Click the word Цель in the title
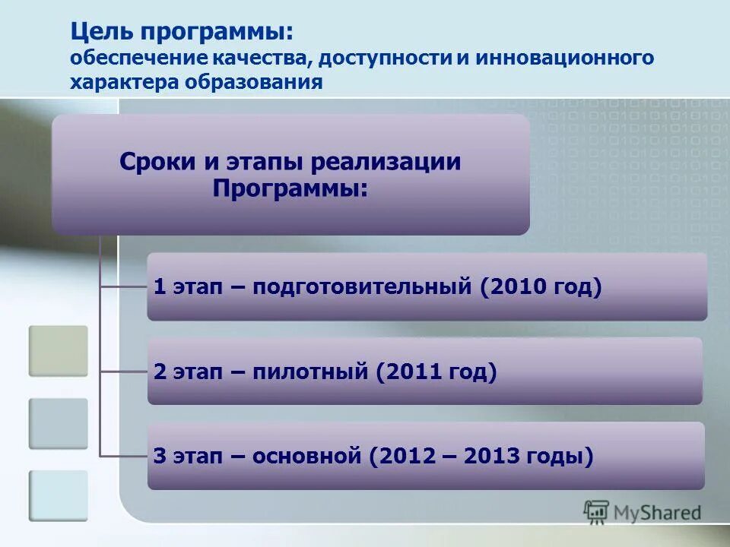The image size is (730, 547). (100, 32)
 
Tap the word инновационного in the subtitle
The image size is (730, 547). (566, 58)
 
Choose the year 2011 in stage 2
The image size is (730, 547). (413, 372)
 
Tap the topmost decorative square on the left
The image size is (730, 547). (59, 350)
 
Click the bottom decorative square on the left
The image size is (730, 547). (59, 495)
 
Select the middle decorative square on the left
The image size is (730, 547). (59, 423)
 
